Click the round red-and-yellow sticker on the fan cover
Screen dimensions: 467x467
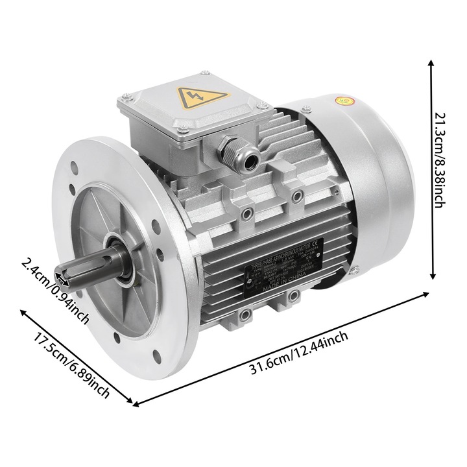click(344, 101)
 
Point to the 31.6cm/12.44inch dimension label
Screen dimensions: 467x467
click(298, 353)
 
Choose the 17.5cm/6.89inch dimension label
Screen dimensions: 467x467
click(71, 367)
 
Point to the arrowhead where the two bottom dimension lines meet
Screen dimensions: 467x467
click(135, 403)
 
